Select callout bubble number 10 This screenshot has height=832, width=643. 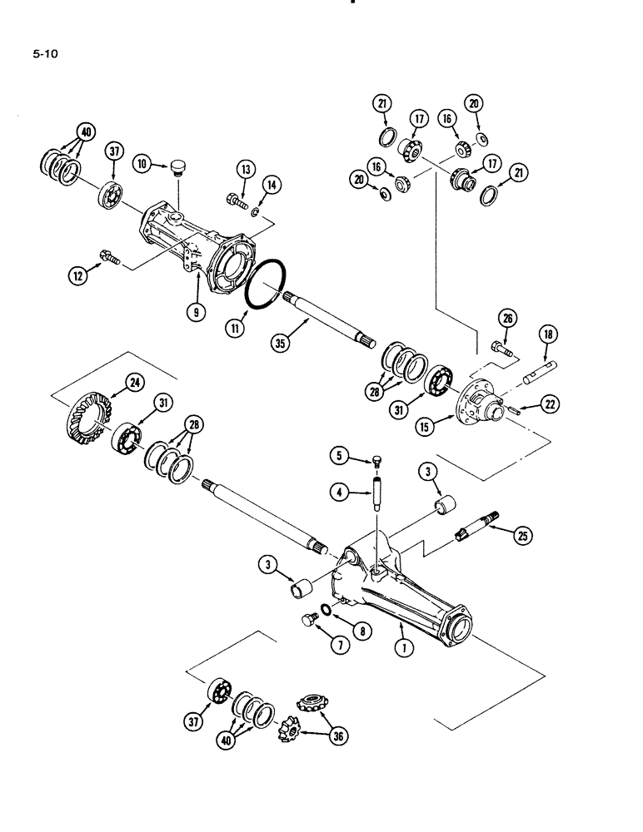point(144,165)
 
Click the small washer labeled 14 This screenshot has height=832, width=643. point(256,214)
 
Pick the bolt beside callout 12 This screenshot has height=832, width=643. point(109,257)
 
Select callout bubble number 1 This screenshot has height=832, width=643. point(405,650)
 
